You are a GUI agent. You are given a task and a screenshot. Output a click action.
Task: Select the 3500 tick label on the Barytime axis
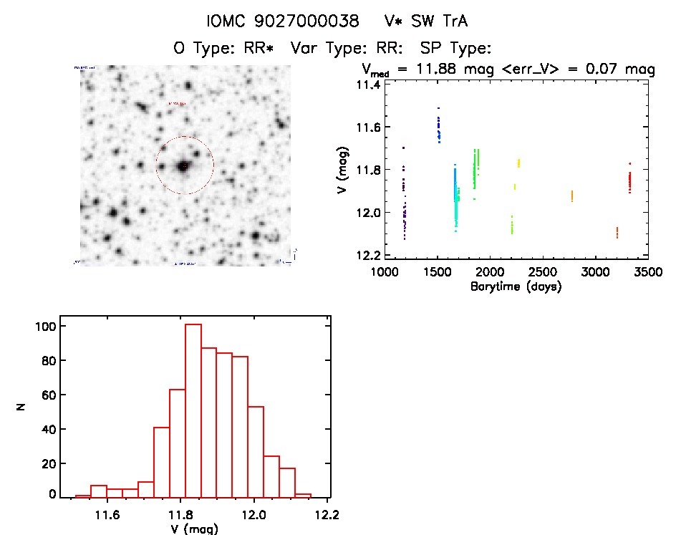[x=648, y=274]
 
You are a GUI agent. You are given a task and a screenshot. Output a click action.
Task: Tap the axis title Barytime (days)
[x=516, y=286]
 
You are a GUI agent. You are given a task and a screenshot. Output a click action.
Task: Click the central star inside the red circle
[x=184, y=165]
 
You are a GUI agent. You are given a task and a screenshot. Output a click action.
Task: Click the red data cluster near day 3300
[x=629, y=182]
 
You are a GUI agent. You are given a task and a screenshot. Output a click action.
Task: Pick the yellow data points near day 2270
[x=518, y=163]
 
